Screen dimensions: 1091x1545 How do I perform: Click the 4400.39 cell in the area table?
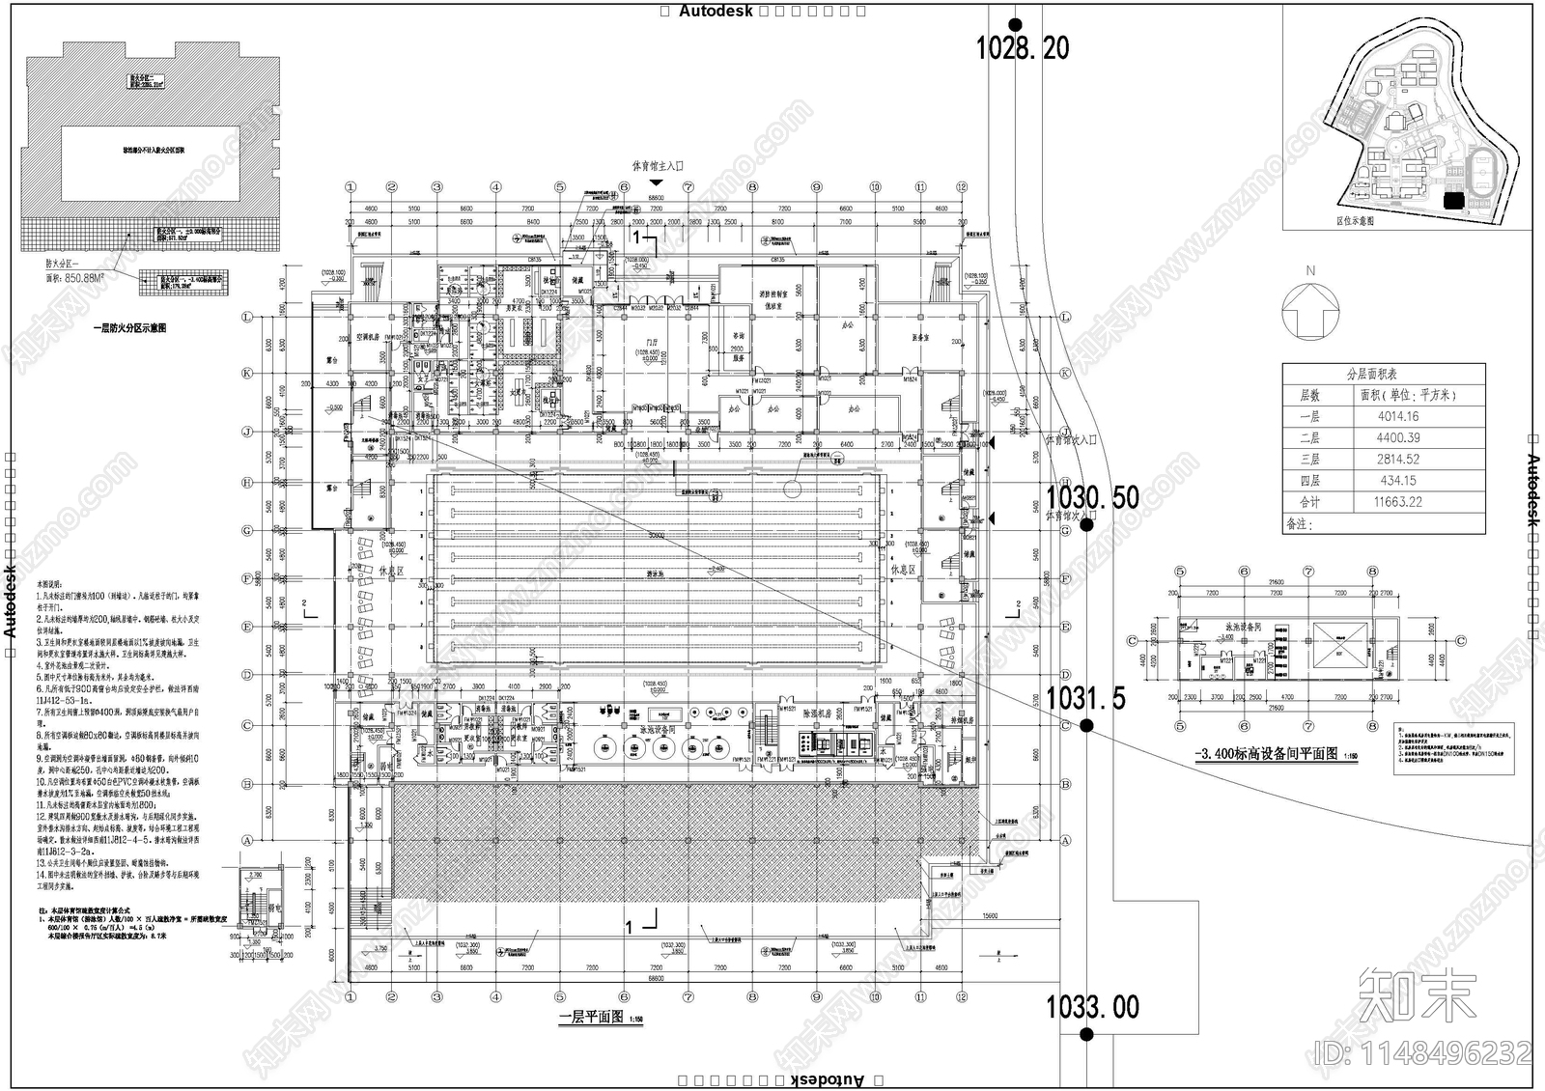(x=1398, y=437)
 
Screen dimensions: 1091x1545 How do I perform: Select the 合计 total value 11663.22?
(x=1398, y=502)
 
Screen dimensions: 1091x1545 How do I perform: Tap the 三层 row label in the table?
(x=1309, y=460)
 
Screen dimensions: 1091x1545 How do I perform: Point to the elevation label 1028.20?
(x=1023, y=47)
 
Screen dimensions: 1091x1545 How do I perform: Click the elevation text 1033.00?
(x=1093, y=1007)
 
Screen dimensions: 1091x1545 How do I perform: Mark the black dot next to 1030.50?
(x=1086, y=525)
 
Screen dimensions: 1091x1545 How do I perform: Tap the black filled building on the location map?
(x=1451, y=200)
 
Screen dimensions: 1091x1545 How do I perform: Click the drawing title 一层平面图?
(x=591, y=1018)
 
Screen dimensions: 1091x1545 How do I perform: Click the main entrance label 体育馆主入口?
(x=658, y=167)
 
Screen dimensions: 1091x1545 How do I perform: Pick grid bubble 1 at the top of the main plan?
(x=351, y=187)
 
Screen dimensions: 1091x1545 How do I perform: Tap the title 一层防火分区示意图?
(x=129, y=328)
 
